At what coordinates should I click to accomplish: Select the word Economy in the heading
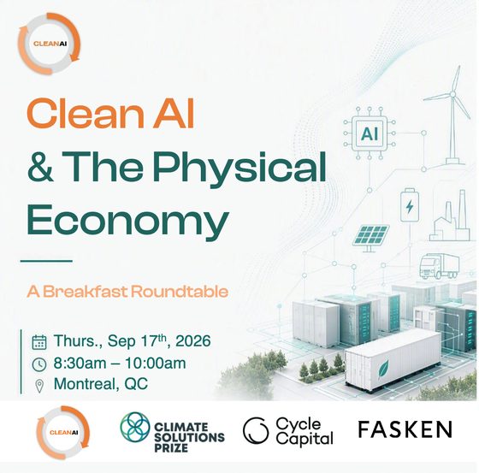(128, 221)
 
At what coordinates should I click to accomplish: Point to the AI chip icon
(370, 133)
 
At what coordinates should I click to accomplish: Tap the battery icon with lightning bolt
(410, 204)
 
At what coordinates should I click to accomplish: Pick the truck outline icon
(439, 266)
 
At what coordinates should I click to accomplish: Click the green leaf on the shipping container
(383, 369)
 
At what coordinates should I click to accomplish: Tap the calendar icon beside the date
(39, 342)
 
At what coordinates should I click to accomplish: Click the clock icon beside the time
(39, 364)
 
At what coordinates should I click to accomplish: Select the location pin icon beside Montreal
(39, 386)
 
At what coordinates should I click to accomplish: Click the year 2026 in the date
(193, 341)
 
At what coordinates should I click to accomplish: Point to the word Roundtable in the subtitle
(180, 292)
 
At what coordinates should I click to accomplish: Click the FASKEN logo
(405, 429)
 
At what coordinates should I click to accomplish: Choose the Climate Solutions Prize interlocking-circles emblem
(135, 427)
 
